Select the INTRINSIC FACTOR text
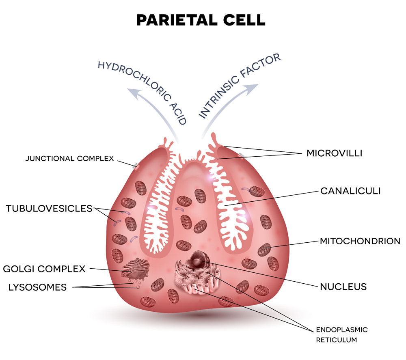pyautogui.click(x=239, y=86)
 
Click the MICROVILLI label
pyautogui.click(x=334, y=153)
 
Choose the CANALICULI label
pyautogui.click(x=350, y=191)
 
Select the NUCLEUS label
pyautogui.click(x=343, y=287)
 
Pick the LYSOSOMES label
pyautogui.click(x=37, y=288)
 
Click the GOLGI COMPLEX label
pyautogui.click(x=44, y=269)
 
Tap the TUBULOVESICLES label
pyautogui.click(x=49, y=209)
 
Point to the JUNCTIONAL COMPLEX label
pyautogui.click(x=70, y=158)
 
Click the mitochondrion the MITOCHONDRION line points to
pyautogui.click(x=264, y=249)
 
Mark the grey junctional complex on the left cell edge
pyautogui.click(x=135, y=166)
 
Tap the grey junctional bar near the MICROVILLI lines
pyautogui.click(x=241, y=155)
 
